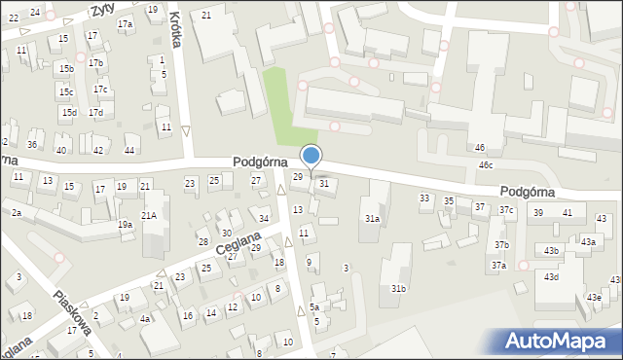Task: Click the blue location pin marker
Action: [x=311, y=156]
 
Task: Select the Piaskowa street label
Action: [x=73, y=311]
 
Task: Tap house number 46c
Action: [x=485, y=165]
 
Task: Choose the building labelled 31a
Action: [x=372, y=219]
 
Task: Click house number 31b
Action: [x=398, y=289]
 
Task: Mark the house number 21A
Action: [x=149, y=215]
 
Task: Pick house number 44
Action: [x=129, y=150]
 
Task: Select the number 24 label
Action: [x=35, y=12]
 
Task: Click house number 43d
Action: [x=551, y=277]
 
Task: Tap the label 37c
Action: [x=506, y=210]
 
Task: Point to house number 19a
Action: [x=126, y=225]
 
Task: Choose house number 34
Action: [x=264, y=218]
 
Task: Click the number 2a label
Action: [x=17, y=212]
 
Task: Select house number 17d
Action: [x=95, y=113]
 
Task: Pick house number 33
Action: [x=424, y=198]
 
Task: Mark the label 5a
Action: [x=314, y=306]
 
